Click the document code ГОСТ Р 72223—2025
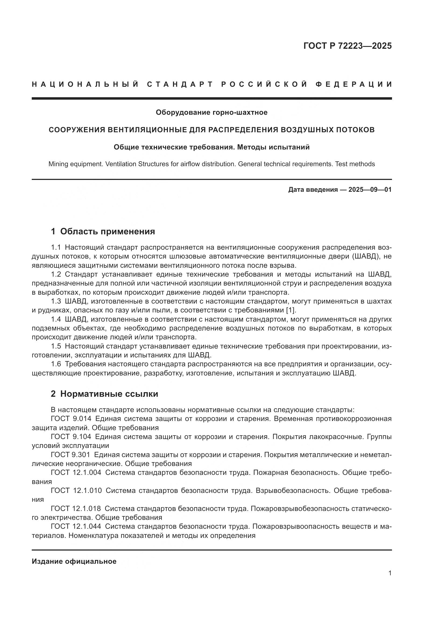coord(347,46)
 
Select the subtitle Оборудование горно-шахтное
coord(211,112)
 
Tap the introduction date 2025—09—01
coord(370,190)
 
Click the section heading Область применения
coord(107,231)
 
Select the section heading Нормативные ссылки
coord(109,394)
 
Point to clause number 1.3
coord(56,301)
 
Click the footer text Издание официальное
coord(74,561)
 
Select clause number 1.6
coord(56,364)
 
